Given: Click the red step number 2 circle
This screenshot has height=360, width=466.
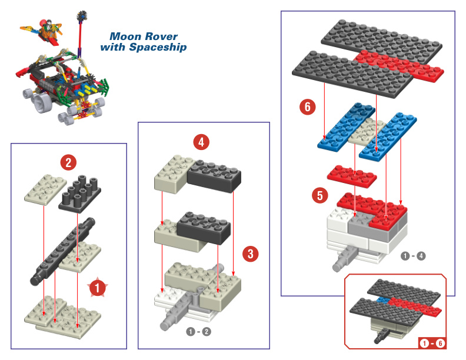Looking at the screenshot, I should (x=69, y=162).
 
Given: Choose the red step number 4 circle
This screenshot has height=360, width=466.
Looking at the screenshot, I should (x=202, y=142).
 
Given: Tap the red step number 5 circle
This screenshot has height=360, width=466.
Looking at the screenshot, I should (x=319, y=195).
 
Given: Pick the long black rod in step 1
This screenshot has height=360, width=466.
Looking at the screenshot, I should (x=64, y=251).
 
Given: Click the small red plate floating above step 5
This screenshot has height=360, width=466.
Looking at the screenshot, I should (x=352, y=175).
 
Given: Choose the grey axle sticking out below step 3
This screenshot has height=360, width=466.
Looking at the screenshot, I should (x=173, y=322).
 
